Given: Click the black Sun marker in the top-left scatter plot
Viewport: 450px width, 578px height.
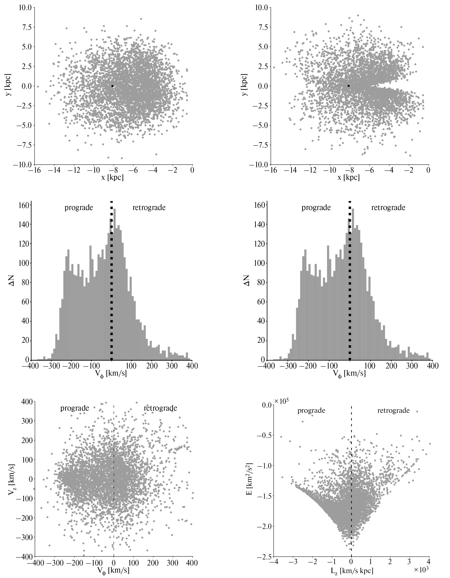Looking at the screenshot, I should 112,86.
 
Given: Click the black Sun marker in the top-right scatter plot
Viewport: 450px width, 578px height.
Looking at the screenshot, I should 349,86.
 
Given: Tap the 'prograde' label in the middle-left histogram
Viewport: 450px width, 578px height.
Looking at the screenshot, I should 79,208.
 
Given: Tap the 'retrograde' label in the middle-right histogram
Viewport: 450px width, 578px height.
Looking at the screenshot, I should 388,208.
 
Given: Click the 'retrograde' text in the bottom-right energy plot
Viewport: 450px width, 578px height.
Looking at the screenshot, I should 393,411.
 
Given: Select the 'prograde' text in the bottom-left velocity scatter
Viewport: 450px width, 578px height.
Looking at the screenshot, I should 74,408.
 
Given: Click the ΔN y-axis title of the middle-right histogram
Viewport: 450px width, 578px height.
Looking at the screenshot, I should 246,280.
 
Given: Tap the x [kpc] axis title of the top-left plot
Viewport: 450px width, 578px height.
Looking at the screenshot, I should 112,177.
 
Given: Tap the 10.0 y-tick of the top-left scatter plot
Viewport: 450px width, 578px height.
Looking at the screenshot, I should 25,8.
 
